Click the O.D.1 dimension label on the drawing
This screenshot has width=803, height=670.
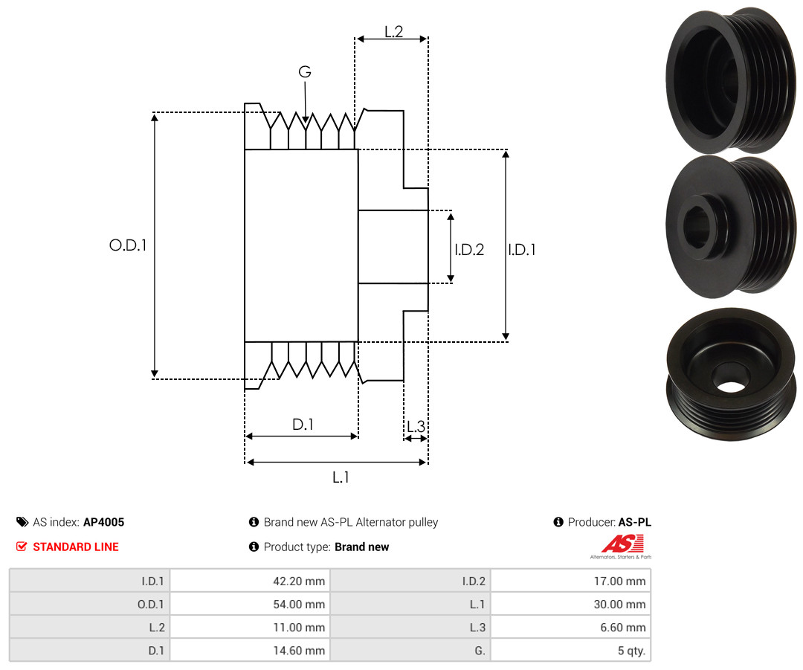[x=128, y=245]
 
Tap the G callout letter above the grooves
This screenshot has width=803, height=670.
[x=305, y=71]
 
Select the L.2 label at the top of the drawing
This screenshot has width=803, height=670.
[x=394, y=32]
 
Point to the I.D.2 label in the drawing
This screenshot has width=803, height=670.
[x=469, y=249]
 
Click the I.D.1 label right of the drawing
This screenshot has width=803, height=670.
[x=522, y=249]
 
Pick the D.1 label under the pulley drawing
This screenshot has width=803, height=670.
[x=303, y=425]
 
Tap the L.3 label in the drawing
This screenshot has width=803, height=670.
[x=416, y=426]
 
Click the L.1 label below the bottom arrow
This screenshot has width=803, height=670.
[x=341, y=477]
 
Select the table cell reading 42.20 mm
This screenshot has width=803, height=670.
[x=250, y=581]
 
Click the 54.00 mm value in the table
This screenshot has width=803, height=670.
[x=250, y=604]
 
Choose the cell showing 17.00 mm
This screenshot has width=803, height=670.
[x=570, y=581]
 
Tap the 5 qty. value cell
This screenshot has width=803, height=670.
[x=570, y=650]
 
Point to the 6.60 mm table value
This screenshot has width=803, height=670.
[x=570, y=627]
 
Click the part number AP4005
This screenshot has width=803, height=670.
[x=104, y=522]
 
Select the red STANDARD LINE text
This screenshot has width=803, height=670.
[x=76, y=547]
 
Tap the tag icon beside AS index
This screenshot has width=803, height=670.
[x=22, y=522]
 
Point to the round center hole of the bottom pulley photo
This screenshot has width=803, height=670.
[x=732, y=387]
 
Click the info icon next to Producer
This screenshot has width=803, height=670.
[x=558, y=522]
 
